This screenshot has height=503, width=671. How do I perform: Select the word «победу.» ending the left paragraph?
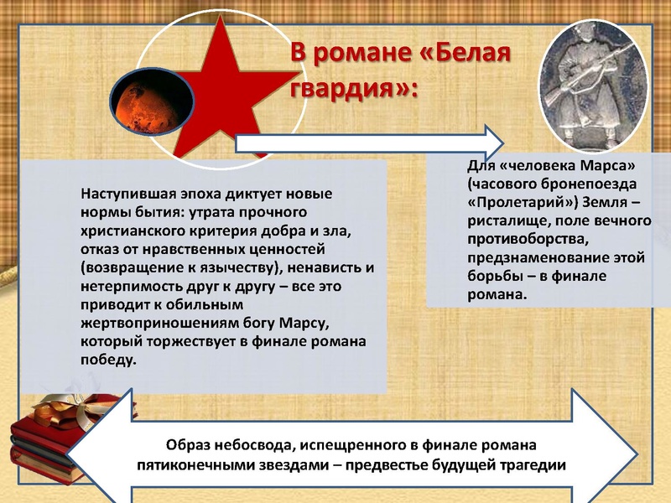click(x=107, y=360)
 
